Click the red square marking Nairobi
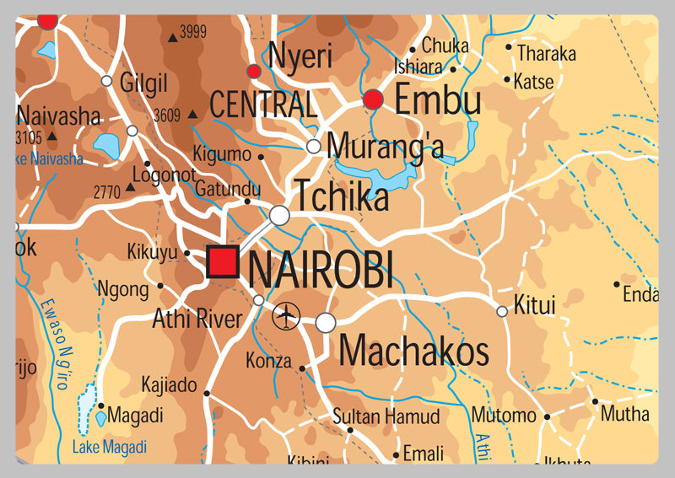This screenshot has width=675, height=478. tap(223, 261)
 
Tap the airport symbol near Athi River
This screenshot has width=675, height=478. tap(287, 317)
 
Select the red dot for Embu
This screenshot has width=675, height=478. tap(373, 100)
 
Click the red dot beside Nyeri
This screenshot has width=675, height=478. tap(253, 71)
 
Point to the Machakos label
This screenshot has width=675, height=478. tap(413, 350)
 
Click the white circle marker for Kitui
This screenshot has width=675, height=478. tap(502, 311)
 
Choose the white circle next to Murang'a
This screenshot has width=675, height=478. tap(313, 147)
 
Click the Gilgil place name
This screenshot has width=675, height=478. tap(144, 83)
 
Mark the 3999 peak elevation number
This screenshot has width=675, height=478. tap(193, 33)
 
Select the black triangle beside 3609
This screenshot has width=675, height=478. tap(192, 114)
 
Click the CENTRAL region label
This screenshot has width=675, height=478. tap(263, 105)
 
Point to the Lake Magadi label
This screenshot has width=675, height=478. tap(109, 447)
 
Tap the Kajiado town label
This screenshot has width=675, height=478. tap(169, 385)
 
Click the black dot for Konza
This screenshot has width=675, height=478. tap(301, 368)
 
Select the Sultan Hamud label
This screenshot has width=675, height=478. tap(386, 416)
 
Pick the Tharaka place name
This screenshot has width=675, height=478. tap(547, 54)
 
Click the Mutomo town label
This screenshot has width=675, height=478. tap(503, 415)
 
